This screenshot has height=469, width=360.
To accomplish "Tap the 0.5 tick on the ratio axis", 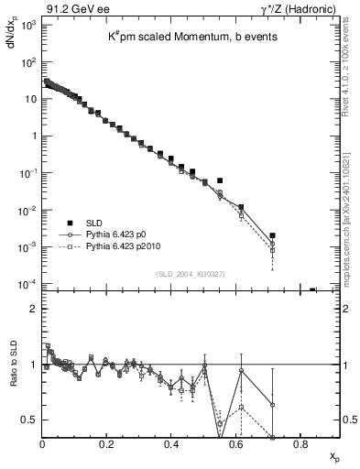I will (x=33, y=420).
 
